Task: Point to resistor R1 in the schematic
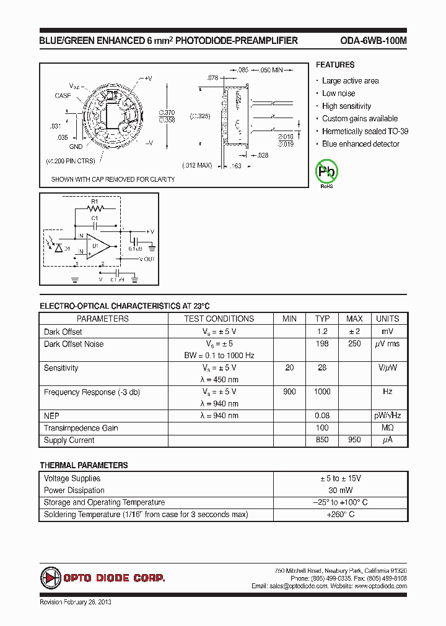[95, 208]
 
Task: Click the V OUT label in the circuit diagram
[147, 259]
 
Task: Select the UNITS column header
[388, 319]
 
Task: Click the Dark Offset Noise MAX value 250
[354, 344]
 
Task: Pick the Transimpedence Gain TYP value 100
[322, 428]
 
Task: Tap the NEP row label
[51, 416]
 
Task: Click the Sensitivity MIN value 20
[289, 368]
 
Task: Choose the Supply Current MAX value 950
[354, 440]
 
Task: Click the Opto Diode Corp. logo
[103, 578]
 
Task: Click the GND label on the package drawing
[76, 147]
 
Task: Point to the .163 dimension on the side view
[235, 166]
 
